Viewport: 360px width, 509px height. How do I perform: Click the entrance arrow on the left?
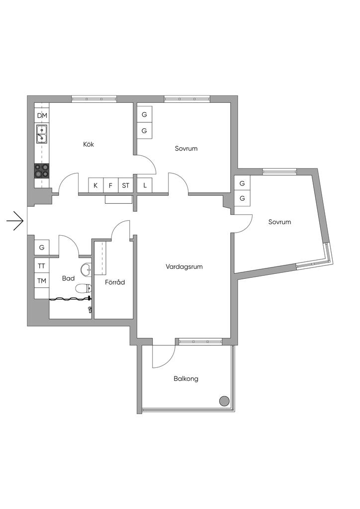pyautogui.click(x=15, y=221)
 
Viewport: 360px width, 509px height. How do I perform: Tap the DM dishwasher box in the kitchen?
pyautogui.click(x=42, y=115)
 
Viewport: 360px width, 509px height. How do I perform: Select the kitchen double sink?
pyautogui.click(x=42, y=134)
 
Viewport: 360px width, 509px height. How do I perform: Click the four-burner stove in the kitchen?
pyautogui.click(x=42, y=171)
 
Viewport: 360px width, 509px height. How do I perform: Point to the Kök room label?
pyautogui.click(x=89, y=144)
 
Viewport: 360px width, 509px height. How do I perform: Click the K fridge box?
pyautogui.click(x=96, y=186)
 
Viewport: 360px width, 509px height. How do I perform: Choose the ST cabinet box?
pyautogui.click(x=126, y=186)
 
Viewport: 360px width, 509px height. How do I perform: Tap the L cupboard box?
pyautogui.click(x=145, y=186)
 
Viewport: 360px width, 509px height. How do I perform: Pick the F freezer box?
pyautogui.click(x=111, y=186)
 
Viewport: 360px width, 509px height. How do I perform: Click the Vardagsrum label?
pyautogui.click(x=184, y=267)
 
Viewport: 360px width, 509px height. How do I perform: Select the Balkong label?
pyautogui.click(x=185, y=378)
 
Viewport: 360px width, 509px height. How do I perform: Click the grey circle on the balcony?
pyautogui.click(x=224, y=401)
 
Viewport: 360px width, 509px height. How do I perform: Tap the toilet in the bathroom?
pyautogui.click(x=84, y=288)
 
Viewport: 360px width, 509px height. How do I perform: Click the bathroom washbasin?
pyautogui.click(x=86, y=268)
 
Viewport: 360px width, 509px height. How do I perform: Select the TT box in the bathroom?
pyautogui.click(x=42, y=266)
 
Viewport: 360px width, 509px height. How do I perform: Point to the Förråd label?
pyautogui.click(x=115, y=282)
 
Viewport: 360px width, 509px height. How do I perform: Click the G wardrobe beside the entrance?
pyautogui.click(x=42, y=248)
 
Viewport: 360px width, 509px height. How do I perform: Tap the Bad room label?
pyautogui.click(x=68, y=278)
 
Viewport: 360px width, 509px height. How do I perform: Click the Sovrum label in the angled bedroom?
pyautogui.click(x=279, y=222)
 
